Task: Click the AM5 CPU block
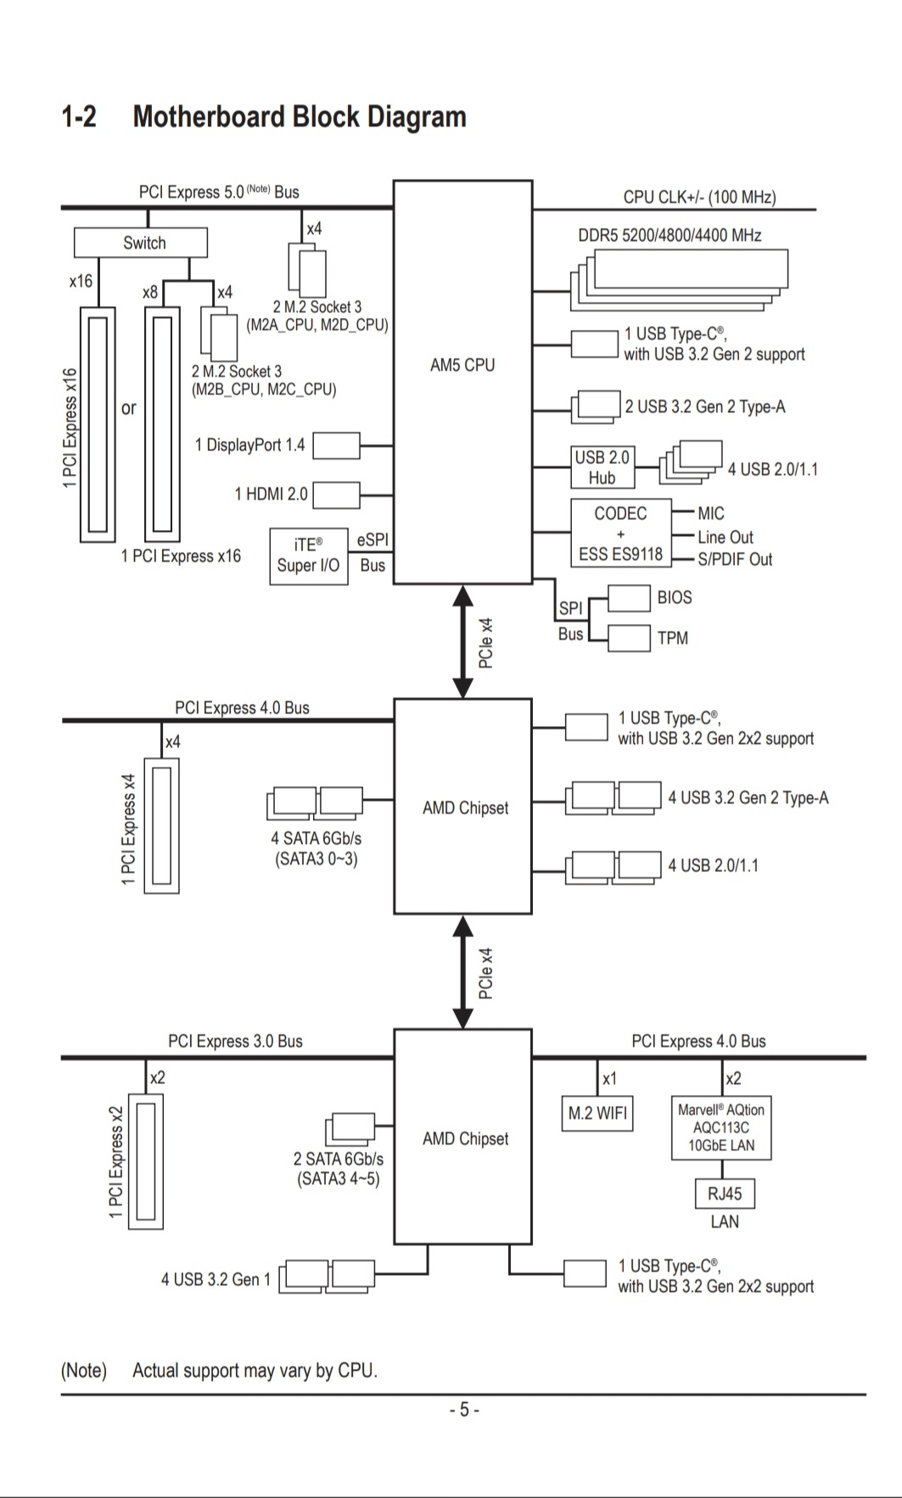coord(462,382)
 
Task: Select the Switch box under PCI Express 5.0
coord(141,243)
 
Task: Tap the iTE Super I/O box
coord(309,556)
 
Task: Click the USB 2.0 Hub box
coord(602,467)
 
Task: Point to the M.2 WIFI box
coord(597,1113)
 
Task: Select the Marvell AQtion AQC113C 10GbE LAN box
coord(721,1127)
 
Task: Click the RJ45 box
coord(724,1193)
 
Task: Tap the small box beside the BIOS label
coord(629,598)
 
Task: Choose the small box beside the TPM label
coord(629,638)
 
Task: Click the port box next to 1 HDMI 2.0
coord(336,494)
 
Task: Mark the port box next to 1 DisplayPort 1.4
coord(336,445)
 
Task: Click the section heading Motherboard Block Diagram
coord(300,116)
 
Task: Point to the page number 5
coord(464,1410)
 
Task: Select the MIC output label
coord(711,513)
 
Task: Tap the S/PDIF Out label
coord(735,559)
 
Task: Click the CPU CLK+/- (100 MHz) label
coord(699,197)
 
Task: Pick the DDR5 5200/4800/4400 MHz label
coord(669,235)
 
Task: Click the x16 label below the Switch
coord(81,281)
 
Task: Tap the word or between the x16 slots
coord(129,408)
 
